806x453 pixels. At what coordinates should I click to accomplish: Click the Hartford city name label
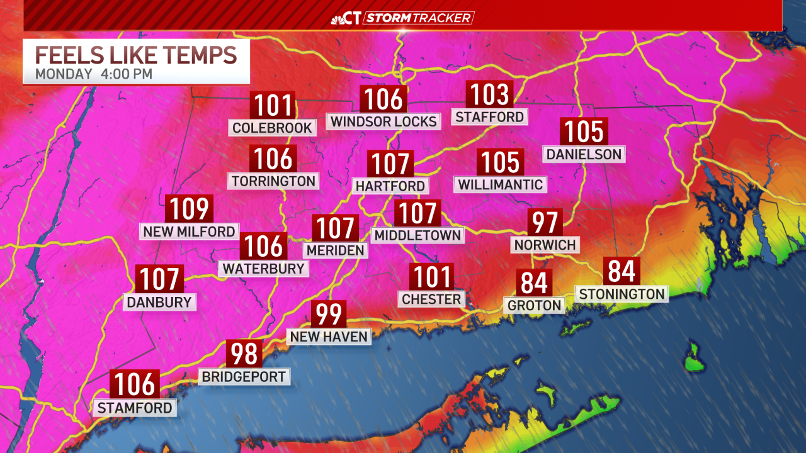tap(390, 186)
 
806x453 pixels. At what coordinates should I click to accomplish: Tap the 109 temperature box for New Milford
tap(189, 208)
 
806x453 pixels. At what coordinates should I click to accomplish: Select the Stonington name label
tap(622, 294)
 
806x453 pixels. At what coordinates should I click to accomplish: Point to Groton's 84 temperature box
tap(534, 282)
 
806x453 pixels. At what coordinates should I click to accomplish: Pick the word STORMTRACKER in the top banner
tap(418, 18)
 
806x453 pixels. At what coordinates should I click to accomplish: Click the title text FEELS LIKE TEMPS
tap(136, 55)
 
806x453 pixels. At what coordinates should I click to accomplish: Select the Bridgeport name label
tap(244, 377)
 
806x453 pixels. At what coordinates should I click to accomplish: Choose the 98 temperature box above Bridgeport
tap(244, 354)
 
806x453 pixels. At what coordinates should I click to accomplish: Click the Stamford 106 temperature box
tap(135, 384)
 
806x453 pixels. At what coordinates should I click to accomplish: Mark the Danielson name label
tap(584, 154)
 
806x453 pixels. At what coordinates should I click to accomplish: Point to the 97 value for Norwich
tap(545, 222)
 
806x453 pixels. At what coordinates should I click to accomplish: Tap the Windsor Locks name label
tap(383, 121)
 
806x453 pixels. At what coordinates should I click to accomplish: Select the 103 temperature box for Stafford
tap(489, 94)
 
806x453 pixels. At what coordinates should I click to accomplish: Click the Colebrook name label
tap(272, 128)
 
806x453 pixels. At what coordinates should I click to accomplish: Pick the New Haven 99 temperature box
tap(329, 313)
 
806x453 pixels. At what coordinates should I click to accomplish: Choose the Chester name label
tap(431, 299)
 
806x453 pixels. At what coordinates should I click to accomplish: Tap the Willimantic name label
tap(500, 184)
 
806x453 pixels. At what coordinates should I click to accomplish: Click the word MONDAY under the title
tap(63, 74)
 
